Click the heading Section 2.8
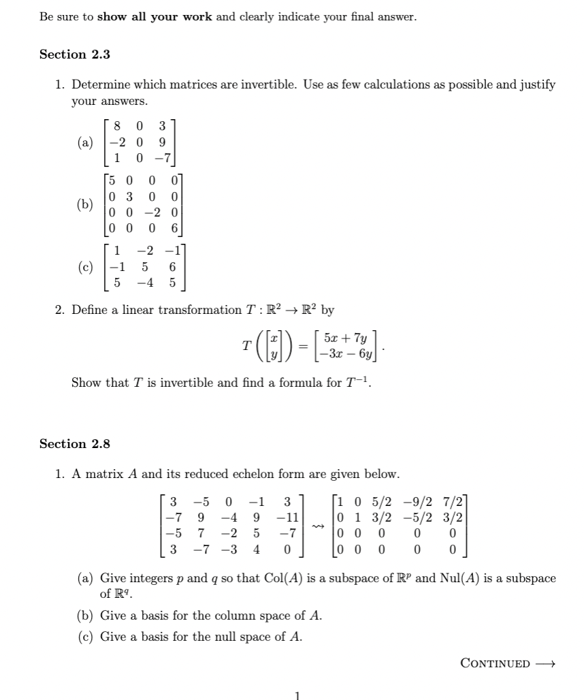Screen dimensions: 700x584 pyautogui.click(x=75, y=444)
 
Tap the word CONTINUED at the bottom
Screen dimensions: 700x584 pyautogui.click(x=495, y=663)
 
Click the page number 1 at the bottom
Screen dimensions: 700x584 pyautogui.click(x=297, y=695)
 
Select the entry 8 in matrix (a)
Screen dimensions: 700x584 pyautogui.click(x=118, y=125)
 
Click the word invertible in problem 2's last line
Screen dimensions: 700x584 pyautogui.click(x=167, y=383)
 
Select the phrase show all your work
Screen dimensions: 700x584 pyautogui.click(x=155, y=17)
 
